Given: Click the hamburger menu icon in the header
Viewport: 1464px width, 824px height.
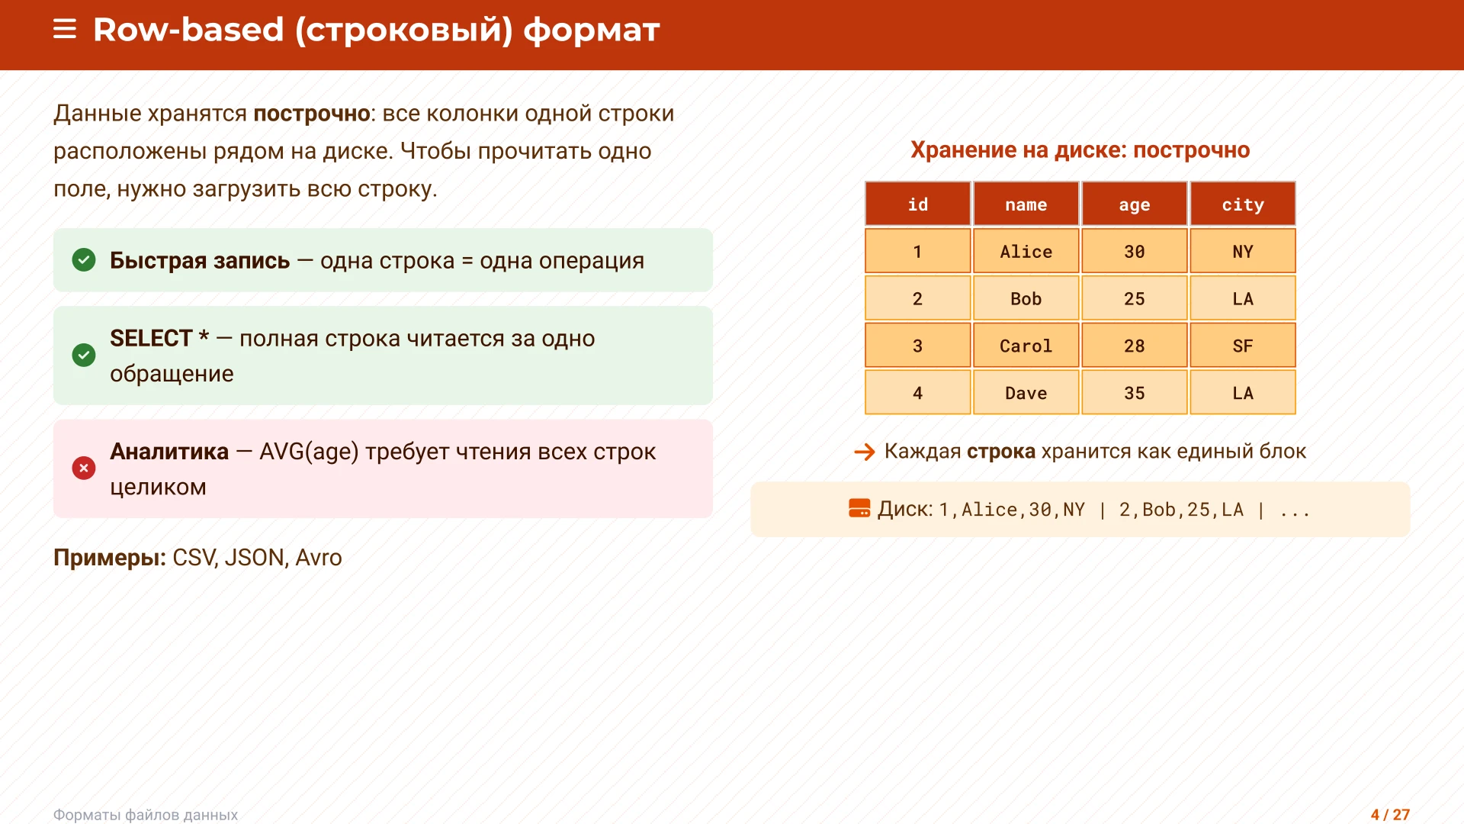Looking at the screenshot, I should [x=65, y=30].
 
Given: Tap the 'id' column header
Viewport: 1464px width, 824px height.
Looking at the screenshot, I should [x=917, y=204].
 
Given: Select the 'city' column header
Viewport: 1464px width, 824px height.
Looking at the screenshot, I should [x=1242, y=204].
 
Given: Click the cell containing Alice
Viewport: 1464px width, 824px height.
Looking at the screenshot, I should [x=1026, y=251].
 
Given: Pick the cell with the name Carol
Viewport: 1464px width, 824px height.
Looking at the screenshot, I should [x=1026, y=346].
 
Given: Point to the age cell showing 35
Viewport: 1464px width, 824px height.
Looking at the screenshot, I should [x=1134, y=393].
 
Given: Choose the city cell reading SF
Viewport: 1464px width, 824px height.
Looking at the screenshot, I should [x=1242, y=346].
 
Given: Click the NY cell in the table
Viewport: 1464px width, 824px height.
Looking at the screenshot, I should [x=1242, y=251].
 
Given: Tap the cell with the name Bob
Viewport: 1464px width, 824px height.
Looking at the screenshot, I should [x=1026, y=298].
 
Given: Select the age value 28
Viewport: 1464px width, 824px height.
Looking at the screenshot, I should [x=1134, y=346].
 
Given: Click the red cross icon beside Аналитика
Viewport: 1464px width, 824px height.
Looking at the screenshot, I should [x=84, y=468].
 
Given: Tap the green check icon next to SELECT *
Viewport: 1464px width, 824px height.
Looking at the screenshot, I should [x=84, y=355].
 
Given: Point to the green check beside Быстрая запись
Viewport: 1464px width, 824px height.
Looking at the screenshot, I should [x=84, y=260].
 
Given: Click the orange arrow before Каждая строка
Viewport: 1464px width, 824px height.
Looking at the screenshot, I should [x=865, y=452].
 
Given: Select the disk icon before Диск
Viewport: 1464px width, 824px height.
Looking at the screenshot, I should [x=859, y=508].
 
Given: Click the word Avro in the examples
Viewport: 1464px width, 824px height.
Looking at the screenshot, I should [x=318, y=558].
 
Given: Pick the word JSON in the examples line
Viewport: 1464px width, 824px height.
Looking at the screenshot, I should [x=254, y=558].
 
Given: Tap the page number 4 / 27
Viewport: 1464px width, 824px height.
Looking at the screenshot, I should [x=1390, y=814].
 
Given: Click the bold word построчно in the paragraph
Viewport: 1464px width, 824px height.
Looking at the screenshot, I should [x=311, y=114].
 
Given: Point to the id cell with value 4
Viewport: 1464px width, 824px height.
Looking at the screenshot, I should [x=917, y=393].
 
